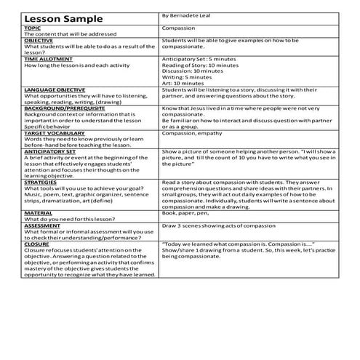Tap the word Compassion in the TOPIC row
pos(178,28)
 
